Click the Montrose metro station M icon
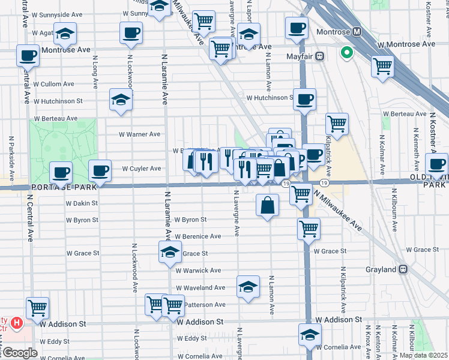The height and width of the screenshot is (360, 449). [x=357, y=31]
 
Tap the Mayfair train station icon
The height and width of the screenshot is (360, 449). [x=320, y=56]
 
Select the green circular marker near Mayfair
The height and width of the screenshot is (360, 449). [x=346, y=53]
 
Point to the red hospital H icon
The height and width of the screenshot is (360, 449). [x=17, y=323]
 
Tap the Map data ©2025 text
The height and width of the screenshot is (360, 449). [x=423, y=355]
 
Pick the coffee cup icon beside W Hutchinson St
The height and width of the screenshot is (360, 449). [x=304, y=99]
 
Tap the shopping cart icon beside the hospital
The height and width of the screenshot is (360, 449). [x=37, y=308]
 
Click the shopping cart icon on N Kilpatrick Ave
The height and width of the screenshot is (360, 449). [x=337, y=124]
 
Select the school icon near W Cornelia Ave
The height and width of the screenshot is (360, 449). [x=309, y=335]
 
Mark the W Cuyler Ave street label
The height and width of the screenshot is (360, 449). [x=142, y=169]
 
